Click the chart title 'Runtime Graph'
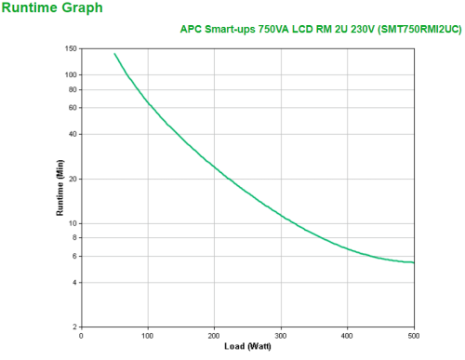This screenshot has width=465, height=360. pos(47,8)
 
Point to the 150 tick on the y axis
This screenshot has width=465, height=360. pos(71,48)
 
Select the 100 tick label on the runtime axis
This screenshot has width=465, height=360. pos(71,74)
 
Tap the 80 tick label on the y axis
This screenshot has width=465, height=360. pos(73,89)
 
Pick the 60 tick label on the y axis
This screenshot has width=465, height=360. pos(73,108)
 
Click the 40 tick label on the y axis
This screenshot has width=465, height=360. pos(73,134)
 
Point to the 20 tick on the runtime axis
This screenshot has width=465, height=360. pos(73,179)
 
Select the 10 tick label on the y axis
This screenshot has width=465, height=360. pos(73,223)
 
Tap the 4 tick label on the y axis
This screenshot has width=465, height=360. pos(75,283)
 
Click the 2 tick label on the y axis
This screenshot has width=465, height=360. pos(75,327)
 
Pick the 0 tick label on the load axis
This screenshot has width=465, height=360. pos(82,336)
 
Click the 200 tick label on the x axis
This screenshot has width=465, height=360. pos(214,336)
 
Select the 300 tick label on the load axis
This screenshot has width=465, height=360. pos(281,336)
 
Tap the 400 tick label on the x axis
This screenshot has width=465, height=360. pos(347,336)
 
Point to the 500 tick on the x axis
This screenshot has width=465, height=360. pos(414,336)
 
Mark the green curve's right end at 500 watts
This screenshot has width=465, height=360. pos(414,262)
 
